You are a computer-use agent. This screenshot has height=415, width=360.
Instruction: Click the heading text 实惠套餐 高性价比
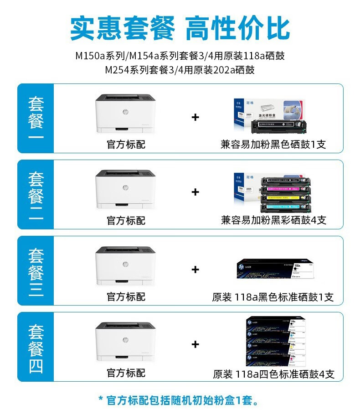click(180, 28)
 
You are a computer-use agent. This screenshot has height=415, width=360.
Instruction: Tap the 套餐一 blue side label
click(36, 118)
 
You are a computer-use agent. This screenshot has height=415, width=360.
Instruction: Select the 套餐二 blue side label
click(36, 194)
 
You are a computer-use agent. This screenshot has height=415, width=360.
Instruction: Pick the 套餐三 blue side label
click(36, 270)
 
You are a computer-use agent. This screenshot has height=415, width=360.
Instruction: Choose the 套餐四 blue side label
click(36, 347)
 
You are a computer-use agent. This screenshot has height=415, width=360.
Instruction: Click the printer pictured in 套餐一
click(126, 114)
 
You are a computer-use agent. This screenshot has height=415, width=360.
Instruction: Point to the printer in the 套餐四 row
click(126, 342)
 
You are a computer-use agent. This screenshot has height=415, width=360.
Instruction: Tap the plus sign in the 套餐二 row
click(195, 192)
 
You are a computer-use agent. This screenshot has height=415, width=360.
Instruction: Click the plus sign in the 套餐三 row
click(195, 270)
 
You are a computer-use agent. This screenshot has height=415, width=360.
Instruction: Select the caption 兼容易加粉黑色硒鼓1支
click(273, 145)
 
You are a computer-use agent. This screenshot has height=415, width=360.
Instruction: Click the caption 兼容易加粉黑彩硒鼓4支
click(273, 221)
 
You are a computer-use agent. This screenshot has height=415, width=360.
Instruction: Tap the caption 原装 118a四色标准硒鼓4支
click(273, 374)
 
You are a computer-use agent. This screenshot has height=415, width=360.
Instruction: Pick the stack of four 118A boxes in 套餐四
click(275, 341)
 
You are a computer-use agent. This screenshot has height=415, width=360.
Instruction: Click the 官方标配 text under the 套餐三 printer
click(126, 297)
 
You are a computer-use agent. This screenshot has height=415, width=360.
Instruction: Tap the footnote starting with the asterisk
click(180, 401)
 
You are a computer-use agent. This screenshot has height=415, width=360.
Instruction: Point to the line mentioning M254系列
click(180, 70)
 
